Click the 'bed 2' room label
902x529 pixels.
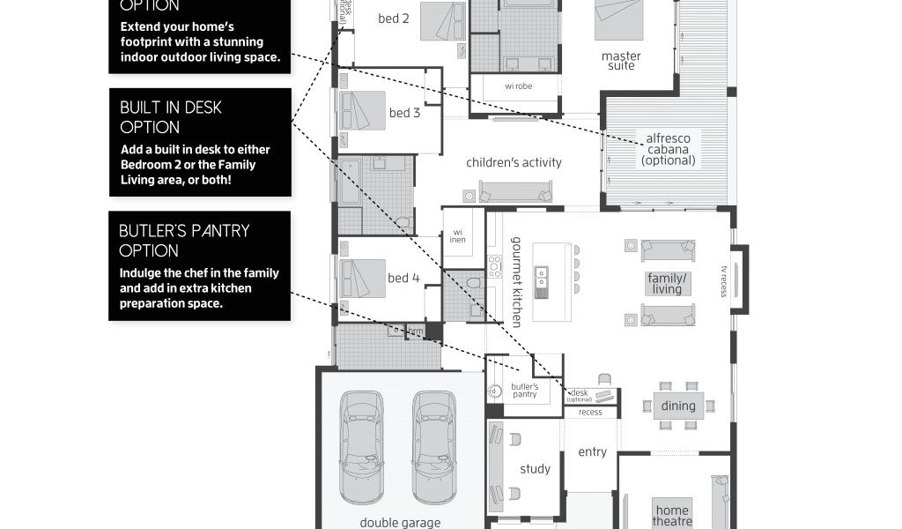pos(394,18)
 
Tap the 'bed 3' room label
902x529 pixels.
pos(404,113)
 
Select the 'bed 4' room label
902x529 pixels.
pos(403,278)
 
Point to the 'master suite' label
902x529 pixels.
pos(621,61)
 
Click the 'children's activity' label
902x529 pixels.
pos(514,162)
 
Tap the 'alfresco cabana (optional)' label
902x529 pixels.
pos(669,149)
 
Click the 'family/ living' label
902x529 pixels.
pos(667,283)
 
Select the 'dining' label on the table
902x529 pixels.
pos(678,406)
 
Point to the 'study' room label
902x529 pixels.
pos(535,469)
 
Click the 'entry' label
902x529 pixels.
pos(592,451)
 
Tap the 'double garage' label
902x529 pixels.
pos(400,522)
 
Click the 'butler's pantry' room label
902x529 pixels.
pos(524,391)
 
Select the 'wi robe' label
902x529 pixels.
pos(518,86)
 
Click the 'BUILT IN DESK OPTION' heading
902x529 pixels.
pos(171,116)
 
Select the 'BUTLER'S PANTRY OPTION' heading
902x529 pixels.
pos(184,240)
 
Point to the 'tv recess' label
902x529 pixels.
pos(723,281)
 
